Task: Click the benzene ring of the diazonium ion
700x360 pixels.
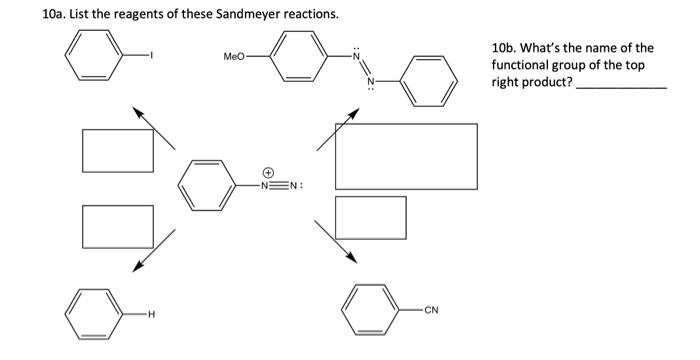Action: pos(207,184)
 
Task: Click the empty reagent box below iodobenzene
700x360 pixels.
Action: pos(118,149)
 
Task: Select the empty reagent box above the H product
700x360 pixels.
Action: pos(118,225)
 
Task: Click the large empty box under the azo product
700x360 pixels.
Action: pos(405,155)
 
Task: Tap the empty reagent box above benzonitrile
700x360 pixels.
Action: pos(370,217)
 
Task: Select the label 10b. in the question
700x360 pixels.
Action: pos(505,48)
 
